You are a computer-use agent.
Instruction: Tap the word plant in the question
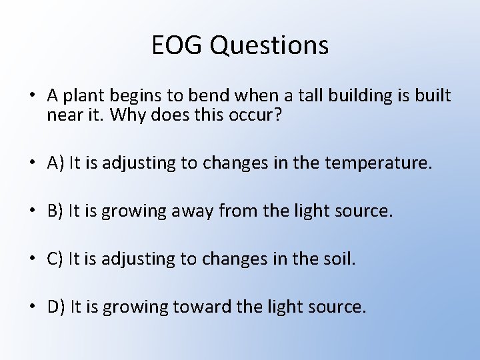pos(80,97)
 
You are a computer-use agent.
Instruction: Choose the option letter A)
pos(57,162)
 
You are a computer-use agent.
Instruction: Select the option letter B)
pos(56,211)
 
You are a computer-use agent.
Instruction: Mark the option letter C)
pos(56,259)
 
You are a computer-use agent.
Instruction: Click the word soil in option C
pos(337,259)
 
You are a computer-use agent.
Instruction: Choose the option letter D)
pos(57,307)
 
